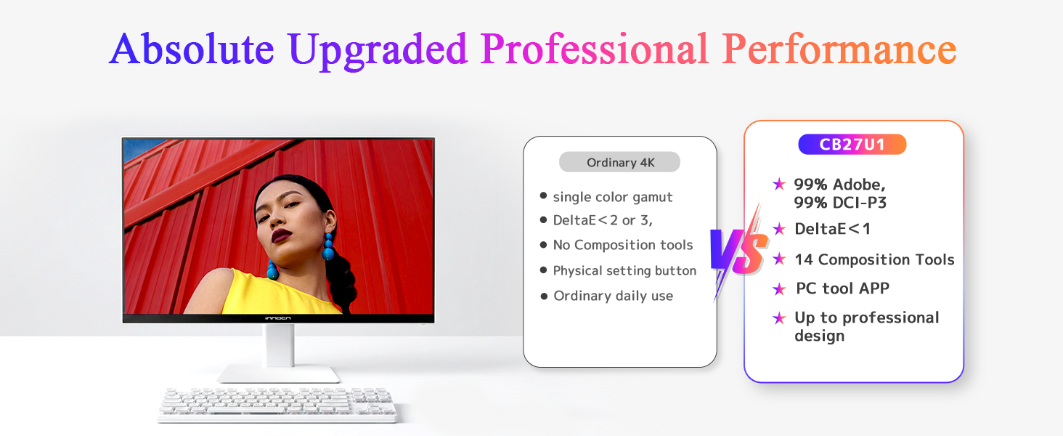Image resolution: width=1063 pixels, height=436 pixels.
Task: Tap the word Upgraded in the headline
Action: (x=378, y=51)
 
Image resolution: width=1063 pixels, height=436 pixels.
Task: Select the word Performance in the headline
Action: (x=839, y=49)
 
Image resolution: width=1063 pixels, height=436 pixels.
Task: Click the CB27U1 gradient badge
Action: (x=852, y=145)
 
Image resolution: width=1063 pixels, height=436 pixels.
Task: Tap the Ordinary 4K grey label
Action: (x=620, y=163)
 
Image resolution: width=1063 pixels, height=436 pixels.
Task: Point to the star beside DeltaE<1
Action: (x=779, y=229)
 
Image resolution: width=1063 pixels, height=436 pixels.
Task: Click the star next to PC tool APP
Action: (x=779, y=288)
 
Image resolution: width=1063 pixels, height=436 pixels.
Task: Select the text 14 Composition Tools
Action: (x=874, y=259)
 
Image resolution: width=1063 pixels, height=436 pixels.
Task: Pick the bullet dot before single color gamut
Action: (x=543, y=195)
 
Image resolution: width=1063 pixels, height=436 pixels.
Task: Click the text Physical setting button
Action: (x=624, y=271)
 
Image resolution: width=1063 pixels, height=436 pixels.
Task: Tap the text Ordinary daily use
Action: (x=613, y=296)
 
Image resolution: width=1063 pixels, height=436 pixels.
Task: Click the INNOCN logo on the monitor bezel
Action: (x=277, y=318)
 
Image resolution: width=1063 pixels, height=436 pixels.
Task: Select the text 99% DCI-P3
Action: (x=840, y=203)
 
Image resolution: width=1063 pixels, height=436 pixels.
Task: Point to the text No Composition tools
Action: (x=622, y=245)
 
